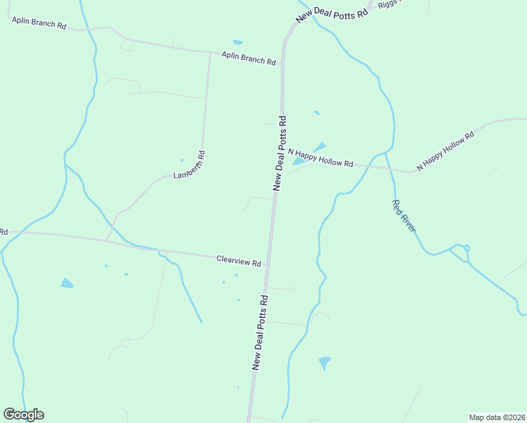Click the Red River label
pos(404,216)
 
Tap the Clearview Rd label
pos(239,261)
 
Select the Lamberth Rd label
pos(189,165)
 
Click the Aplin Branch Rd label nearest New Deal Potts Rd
pos(248,58)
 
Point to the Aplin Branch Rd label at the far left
pos(38,23)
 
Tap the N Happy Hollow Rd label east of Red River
pos(445,152)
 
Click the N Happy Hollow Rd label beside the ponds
pos(320,158)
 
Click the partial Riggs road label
pos(387,4)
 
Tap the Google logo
pos(23,415)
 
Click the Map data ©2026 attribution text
pos(497,417)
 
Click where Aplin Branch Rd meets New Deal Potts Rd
pos(283,63)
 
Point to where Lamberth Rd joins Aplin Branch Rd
pos(210,52)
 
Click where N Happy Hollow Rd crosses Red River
pos(388,168)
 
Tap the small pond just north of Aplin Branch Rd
pos(237,42)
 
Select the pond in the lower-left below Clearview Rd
pos(67,283)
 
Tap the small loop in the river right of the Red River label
pos(466,248)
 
